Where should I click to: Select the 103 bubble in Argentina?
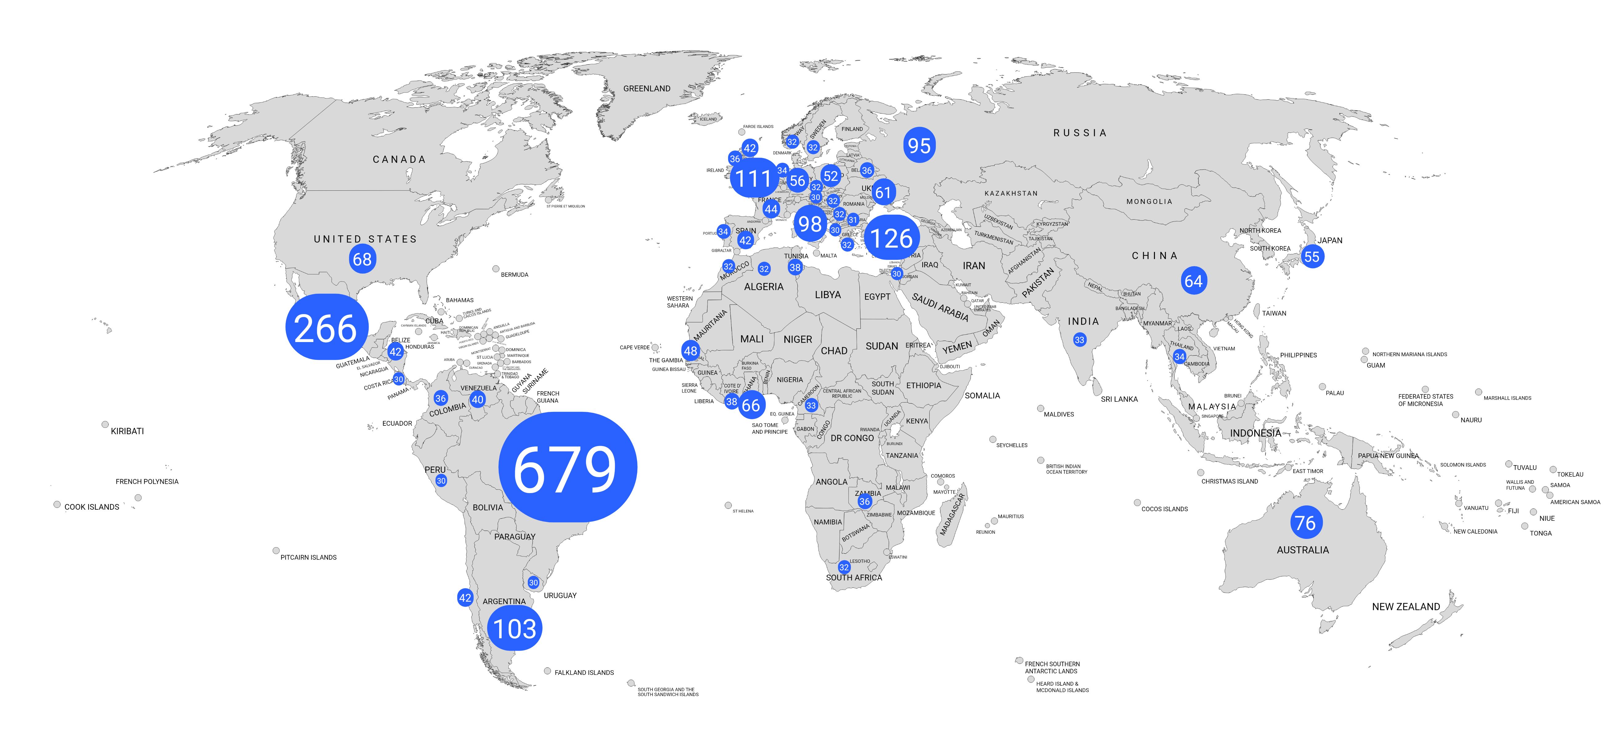tap(515, 628)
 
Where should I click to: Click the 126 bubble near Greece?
tap(892, 238)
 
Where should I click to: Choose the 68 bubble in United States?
tap(363, 259)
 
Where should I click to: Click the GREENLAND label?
tap(647, 89)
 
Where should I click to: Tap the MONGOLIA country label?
tap(1149, 201)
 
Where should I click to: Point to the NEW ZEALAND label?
tap(1406, 606)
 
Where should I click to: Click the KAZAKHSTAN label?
tap(1011, 193)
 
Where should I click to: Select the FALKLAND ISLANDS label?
tap(584, 672)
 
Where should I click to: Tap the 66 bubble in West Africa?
tap(751, 405)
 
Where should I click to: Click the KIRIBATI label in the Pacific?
tap(127, 431)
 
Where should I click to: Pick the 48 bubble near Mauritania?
tap(691, 351)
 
